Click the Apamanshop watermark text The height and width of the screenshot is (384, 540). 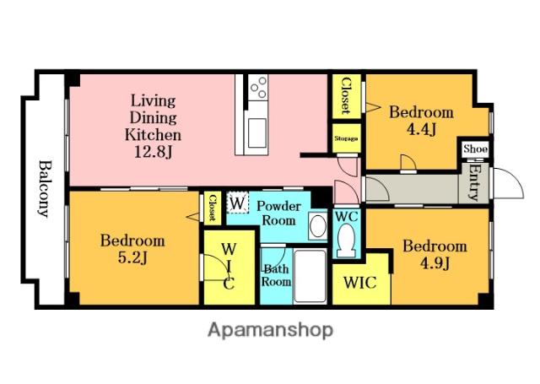click(270, 330)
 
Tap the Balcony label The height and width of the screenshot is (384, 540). click(44, 189)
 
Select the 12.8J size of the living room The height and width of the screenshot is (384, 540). click(153, 152)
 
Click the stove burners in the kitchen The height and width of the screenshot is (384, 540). click(259, 88)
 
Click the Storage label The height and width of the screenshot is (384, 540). click(346, 138)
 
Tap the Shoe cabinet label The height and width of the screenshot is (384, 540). click(475, 149)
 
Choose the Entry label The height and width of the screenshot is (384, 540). click(474, 183)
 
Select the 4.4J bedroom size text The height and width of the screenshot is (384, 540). click(421, 129)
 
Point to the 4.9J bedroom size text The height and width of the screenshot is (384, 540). click(435, 263)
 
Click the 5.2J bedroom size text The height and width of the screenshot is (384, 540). click(132, 257)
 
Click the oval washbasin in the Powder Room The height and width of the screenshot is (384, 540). click(317, 225)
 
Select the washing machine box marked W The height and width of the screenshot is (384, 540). click(237, 203)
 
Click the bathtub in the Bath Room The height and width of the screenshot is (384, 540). click(310, 276)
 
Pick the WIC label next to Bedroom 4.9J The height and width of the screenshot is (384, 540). click(360, 283)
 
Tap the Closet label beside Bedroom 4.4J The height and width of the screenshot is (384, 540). click(346, 96)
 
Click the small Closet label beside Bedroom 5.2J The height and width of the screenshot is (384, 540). click(213, 208)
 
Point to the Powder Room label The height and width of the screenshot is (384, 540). click(278, 214)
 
